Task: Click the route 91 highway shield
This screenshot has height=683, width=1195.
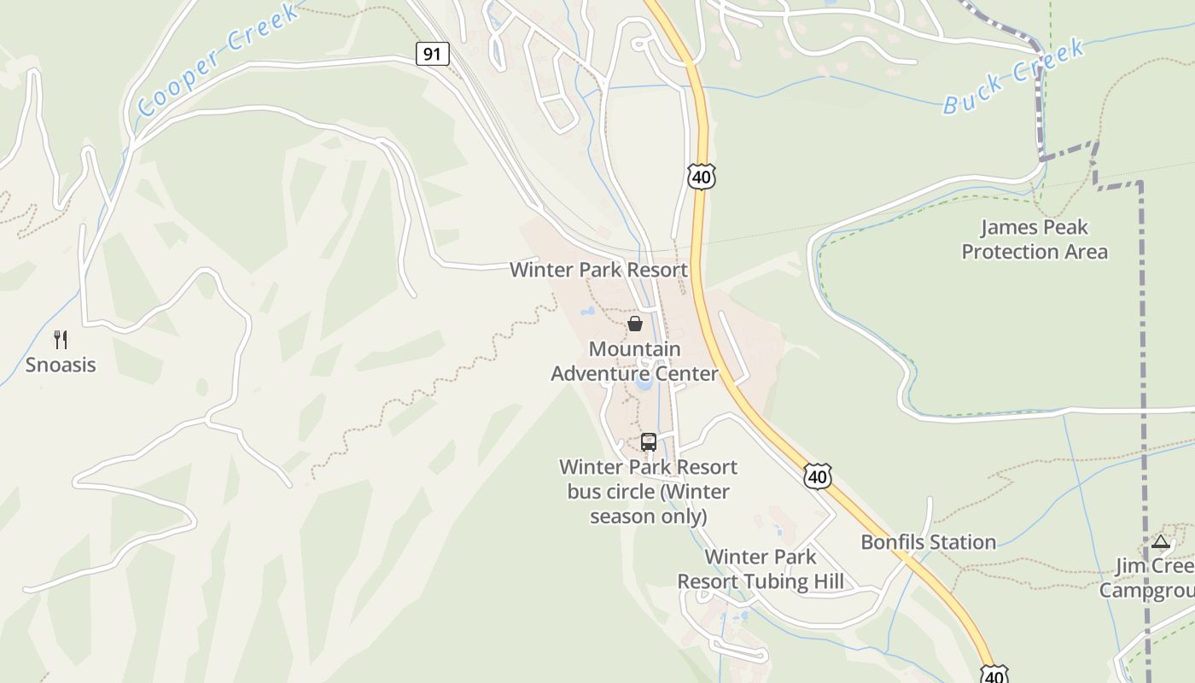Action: pyautogui.click(x=433, y=54)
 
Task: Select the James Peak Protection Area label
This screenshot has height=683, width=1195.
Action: pyautogui.click(x=1035, y=239)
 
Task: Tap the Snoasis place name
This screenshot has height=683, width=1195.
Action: pyautogui.click(x=60, y=365)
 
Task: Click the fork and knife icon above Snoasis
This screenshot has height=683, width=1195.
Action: pyautogui.click(x=60, y=340)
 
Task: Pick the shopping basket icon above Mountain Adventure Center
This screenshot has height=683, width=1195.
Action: pyautogui.click(x=635, y=324)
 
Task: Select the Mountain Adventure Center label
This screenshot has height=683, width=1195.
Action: pyautogui.click(x=634, y=361)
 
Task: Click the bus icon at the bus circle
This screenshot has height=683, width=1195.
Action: pyautogui.click(x=649, y=442)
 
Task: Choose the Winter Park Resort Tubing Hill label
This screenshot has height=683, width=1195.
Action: pyautogui.click(x=761, y=569)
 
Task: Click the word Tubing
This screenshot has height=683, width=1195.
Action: pyautogui.click(x=773, y=582)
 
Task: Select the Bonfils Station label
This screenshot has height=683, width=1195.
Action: pyautogui.click(x=928, y=542)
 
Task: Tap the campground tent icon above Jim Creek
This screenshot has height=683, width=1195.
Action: pyautogui.click(x=1160, y=541)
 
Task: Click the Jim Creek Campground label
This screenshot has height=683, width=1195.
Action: pyautogui.click(x=1149, y=579)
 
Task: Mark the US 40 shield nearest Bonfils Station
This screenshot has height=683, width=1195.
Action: pyautogui.click(x=817, y=476)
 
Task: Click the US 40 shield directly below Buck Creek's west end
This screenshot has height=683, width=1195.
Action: pyautogui.click(x=701, y=177)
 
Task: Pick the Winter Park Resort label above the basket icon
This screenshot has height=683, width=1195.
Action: pyautogui.click(x=598, y=270)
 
